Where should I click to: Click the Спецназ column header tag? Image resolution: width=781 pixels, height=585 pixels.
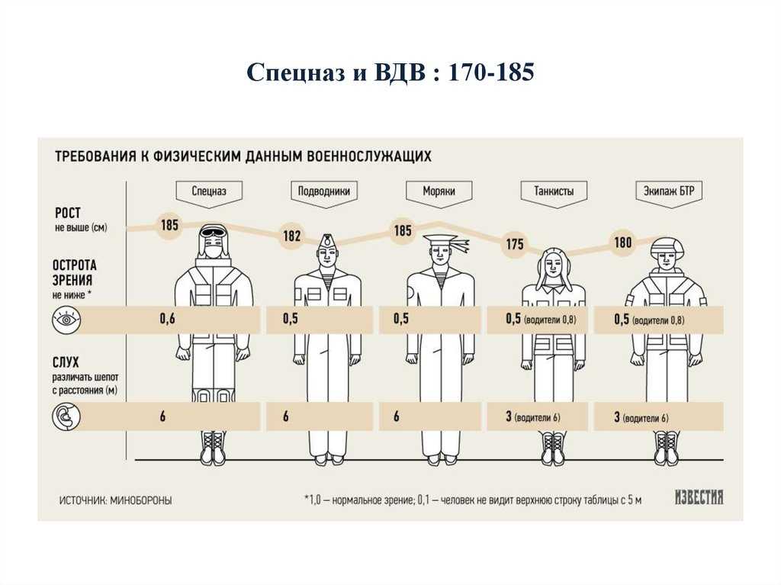point(209,192)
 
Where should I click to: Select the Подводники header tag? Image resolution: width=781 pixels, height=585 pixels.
point(323,192)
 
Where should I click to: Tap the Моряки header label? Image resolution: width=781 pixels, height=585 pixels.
point(439,191)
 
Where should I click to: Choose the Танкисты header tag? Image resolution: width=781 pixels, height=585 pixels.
point(554,192)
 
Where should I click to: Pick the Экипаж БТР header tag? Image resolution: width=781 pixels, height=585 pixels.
point(669,192)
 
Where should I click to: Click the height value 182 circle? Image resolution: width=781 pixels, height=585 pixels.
point(292,235)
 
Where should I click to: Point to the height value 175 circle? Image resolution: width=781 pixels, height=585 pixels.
point(515,243)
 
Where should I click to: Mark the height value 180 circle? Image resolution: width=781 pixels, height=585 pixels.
point(623,243)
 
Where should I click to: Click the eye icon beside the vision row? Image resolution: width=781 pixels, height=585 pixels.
point(66,320)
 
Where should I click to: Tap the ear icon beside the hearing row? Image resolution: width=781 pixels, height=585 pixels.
point(66,416)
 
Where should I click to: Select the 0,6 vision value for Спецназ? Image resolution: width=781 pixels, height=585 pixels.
point(167,318)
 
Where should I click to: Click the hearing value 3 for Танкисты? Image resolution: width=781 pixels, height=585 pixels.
point(509,416)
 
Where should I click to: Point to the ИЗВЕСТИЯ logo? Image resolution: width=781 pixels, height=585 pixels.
point(699,497)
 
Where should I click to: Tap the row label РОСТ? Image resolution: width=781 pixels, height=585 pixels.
point(68,214)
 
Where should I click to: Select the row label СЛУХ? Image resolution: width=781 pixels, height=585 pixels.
point(66,362)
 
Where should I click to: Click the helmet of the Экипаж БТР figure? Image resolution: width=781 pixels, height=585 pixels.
point(668,246)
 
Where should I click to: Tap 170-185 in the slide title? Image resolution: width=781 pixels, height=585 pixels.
point(491,72)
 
